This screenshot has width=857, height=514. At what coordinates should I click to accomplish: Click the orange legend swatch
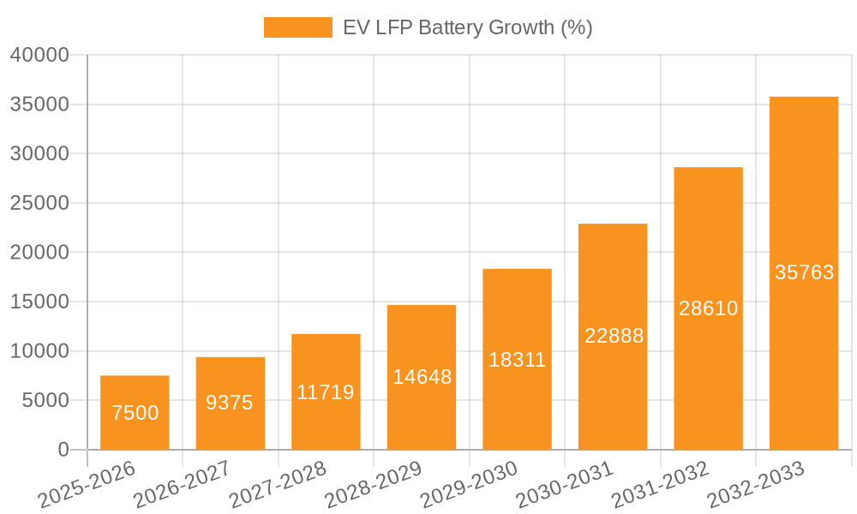pyautogui.click(x=297, y=27)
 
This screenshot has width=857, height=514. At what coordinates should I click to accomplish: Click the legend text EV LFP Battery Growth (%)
pyautogui.click(x=467, y=27)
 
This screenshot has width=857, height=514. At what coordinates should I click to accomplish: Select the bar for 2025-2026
pyautogui.click(x=135, y=413)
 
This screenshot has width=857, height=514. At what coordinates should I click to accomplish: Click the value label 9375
pyautogui.click(x=230, y=403)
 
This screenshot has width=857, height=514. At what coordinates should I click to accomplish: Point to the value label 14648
pyautogui.click(x=422, y=377)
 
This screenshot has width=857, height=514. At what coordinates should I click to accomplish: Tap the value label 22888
pyautogui.click(x=614, y=336)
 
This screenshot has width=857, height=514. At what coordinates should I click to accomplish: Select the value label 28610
pyautogui.click(x=709, y=308)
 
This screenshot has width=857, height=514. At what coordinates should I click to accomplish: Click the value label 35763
pyautogui.click(x=804, y=272)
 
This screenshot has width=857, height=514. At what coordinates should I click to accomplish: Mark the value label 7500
pyautogui.click(x=135, y=413)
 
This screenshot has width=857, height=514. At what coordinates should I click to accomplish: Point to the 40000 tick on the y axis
pyautogui.click(x=39, y=55)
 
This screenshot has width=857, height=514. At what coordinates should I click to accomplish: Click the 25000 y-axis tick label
pyautogui.click(x=39, y=203)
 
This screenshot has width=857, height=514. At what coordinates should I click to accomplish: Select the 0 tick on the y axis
pyautogui.click(x=63, y=450)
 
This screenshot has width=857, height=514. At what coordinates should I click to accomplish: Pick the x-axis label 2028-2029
pyautogui.click(x=375, y=484)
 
